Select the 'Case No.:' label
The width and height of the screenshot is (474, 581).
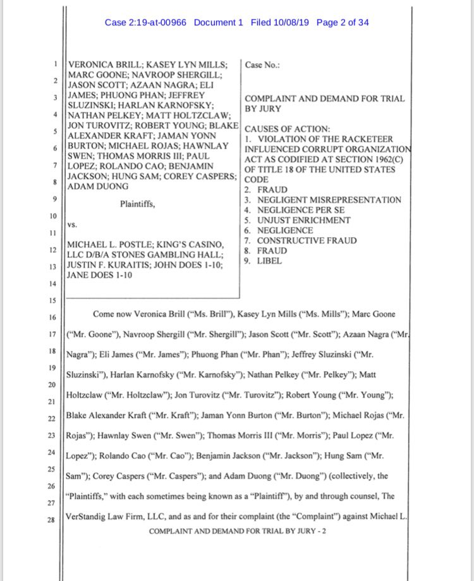tap(262, 64)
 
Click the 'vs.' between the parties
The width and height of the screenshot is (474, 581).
tap(72, 223)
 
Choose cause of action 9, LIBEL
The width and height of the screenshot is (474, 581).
tap(269, 261)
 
